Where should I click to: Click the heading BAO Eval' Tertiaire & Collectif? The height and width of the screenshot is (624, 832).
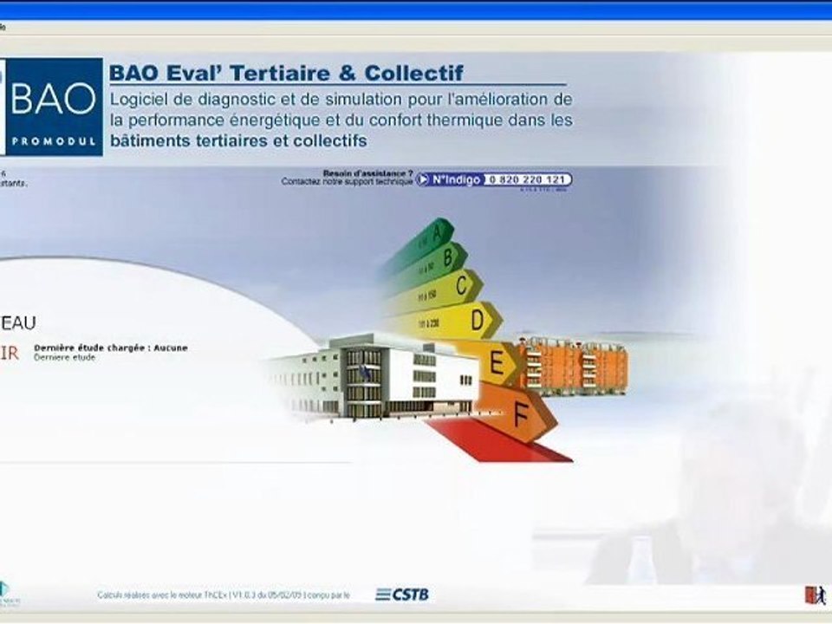[286, 73]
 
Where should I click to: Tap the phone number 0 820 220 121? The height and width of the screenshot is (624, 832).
[527, 179]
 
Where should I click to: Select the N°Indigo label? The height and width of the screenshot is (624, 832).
[456, 179]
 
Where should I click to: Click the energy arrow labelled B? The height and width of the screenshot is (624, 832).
[441, 257]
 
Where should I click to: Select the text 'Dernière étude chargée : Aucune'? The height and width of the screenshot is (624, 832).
[111, 348]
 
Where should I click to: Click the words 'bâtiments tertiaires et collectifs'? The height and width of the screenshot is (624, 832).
[239, 140]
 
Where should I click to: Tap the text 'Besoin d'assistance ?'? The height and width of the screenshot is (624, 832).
[367, 173]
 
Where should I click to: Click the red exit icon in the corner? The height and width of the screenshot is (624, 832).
[815, 595]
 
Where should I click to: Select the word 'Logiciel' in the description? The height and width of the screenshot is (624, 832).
[135, 99]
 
